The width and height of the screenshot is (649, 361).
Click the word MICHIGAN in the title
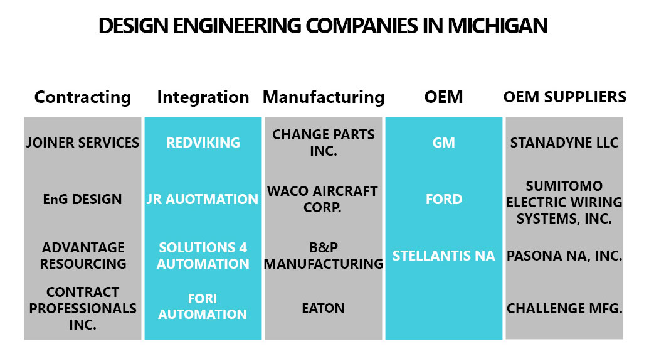click(x=497, y=26)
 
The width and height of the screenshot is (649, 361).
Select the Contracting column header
click(x=83, y=97)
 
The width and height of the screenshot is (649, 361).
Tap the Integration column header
click(x=203, y=97)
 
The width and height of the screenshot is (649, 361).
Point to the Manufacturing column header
click(x=324, y=97)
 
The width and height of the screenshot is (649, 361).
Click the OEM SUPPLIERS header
click(x=565, y=97)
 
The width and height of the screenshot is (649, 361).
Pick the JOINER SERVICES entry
click(x=83, y=143)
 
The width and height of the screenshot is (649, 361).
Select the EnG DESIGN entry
click(x=83, y=200)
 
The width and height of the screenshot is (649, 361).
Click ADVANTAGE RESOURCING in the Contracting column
click(x=83, y=256)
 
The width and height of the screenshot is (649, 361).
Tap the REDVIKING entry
click(x=203, y=143)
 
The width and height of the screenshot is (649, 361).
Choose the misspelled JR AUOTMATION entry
click(x=203, y=200)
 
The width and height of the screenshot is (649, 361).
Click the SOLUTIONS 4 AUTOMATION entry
click(x=203, y=256)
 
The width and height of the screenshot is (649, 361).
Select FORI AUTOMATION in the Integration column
click(x=203, y=306)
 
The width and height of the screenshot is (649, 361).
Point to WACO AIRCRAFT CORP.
click(x=322, y=199)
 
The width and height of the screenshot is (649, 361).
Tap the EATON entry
click(x=324, y=308)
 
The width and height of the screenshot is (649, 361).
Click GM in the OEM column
click(x=444, y=143)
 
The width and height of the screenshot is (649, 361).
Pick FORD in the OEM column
click(x=444, y=200)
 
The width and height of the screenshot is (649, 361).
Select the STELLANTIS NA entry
click(x=444, y=256)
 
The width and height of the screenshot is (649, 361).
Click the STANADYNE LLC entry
click(x=564, y=143)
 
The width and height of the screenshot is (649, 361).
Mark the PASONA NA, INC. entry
click(x=564, y=256)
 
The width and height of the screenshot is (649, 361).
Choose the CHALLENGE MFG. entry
click(x=564, y=308)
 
